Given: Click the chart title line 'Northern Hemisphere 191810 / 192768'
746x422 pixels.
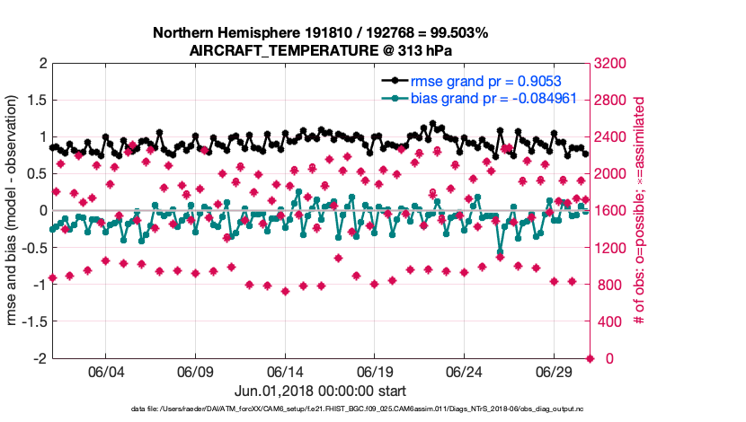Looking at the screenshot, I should pos(320,33).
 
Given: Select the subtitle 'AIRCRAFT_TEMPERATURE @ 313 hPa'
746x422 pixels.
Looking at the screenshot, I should pos(320,51).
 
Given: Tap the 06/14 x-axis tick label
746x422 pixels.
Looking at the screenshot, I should pos(285,371).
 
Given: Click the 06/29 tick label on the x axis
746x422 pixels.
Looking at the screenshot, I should pos(555,371).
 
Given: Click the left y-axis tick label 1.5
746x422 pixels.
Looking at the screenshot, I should pos(36,100).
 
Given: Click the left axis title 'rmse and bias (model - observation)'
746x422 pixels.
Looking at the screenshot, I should pos(15,210).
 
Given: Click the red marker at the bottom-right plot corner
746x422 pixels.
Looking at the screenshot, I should pos(590,358).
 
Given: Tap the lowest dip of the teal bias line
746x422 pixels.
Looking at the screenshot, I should pos(501,253).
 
